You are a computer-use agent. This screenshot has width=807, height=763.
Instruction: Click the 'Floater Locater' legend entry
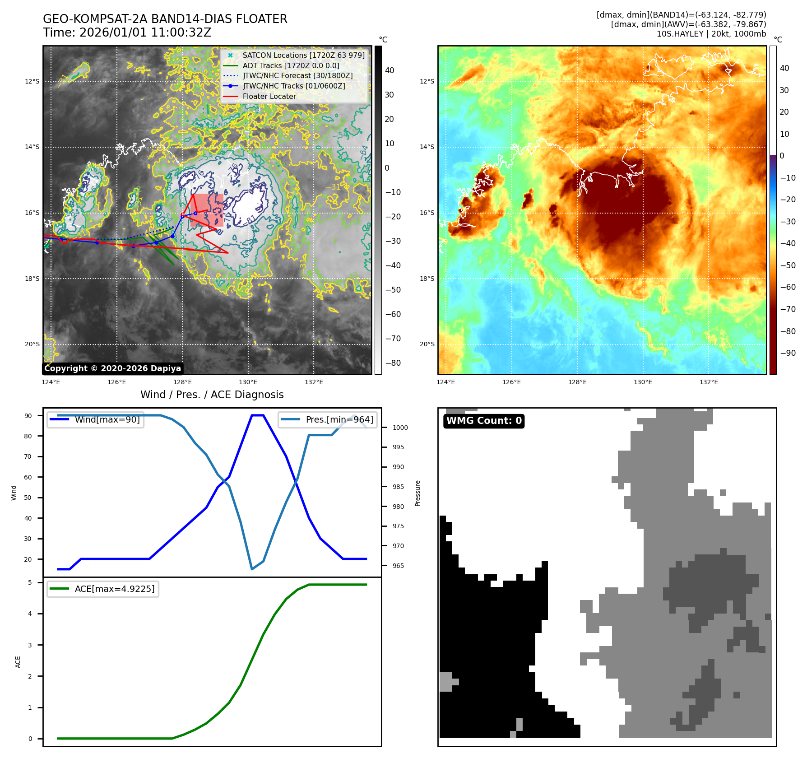point(269,96)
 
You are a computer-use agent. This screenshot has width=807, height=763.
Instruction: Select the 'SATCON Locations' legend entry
point(303,55)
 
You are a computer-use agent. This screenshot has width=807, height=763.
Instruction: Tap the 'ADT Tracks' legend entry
point(291,65)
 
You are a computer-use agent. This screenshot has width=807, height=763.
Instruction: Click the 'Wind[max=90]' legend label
point(107,419)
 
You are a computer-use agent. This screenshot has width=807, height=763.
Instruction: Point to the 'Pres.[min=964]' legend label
point(339,419)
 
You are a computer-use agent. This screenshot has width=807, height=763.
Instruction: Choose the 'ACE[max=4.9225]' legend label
point(115,589)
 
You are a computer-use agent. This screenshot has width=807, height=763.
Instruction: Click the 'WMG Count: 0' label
point(484,421)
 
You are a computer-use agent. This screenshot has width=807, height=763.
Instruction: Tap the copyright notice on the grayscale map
point(112,368)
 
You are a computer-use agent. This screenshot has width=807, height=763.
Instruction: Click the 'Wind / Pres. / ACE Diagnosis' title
point(212,395)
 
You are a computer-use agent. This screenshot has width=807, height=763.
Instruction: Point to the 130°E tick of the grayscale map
point(248,382)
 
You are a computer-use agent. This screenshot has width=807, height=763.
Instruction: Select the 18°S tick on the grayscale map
point(32,279)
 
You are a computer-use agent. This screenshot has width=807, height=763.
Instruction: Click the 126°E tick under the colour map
point(511,382)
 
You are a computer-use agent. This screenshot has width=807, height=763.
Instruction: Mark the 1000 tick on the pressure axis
point(400,428)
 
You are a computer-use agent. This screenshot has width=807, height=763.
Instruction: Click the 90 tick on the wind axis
point(28,416)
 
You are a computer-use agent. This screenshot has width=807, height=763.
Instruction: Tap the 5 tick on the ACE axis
point(30,582)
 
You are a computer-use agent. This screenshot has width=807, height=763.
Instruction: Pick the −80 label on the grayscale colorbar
point(393,363)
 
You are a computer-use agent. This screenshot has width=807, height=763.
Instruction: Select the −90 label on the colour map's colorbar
point(788,353)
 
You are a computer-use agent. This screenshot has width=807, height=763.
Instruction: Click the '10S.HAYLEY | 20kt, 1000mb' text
point(711,34)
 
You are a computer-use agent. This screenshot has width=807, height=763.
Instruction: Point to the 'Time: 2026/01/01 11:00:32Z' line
point(127,33)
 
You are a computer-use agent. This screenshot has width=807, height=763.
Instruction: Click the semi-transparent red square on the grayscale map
point(207,210)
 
